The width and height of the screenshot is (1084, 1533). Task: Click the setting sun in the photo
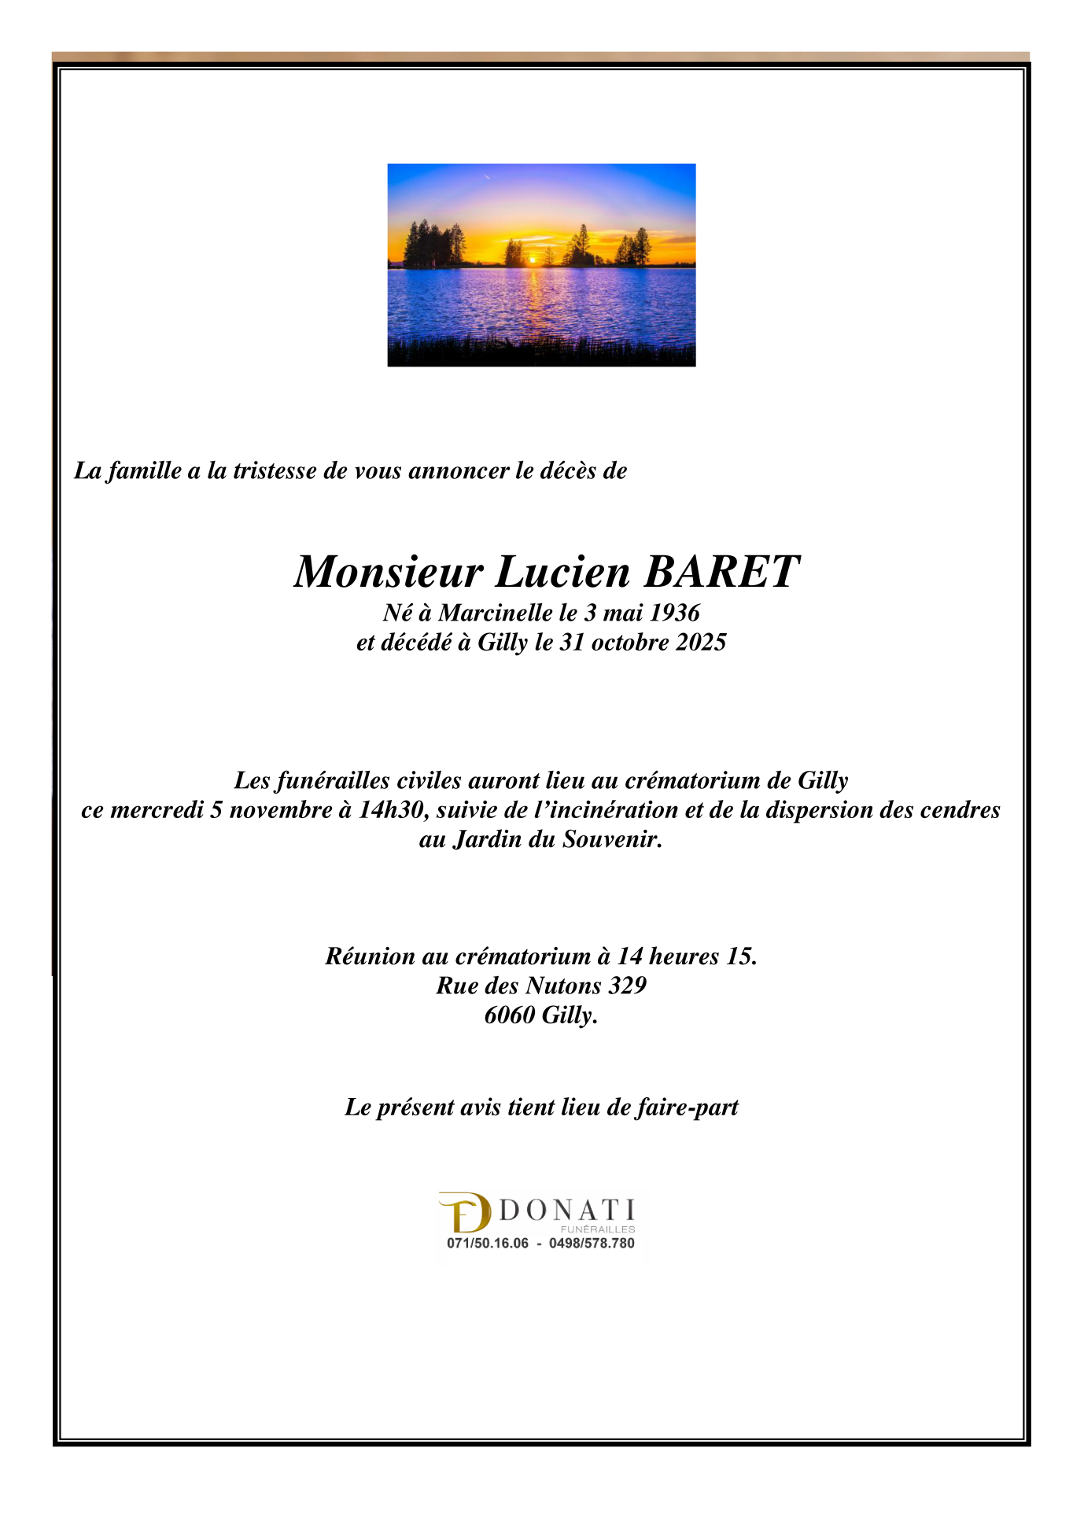pyautogui.click(x=532, y=259)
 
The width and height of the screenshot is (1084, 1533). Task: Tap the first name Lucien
pyautogui.click(x=562, y=572)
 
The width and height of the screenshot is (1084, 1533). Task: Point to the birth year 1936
pyautogui.click(x=674, y=612)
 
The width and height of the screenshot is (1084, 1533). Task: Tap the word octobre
pyautogui.click(x=628, y=642)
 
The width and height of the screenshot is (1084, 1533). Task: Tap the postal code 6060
pyautogui.click(x=509, y=1015)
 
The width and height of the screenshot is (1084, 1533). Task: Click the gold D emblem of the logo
pyautogui.click(x=465, y=1213)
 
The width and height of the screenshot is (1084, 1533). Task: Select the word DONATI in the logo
pyautogui.click(x=566, y=1211)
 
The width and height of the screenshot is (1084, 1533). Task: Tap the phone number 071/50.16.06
pyautogui.click(x=488, y=1244)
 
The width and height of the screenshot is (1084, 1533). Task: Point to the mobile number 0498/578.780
pyautogui.click(x=592, y=1244)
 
